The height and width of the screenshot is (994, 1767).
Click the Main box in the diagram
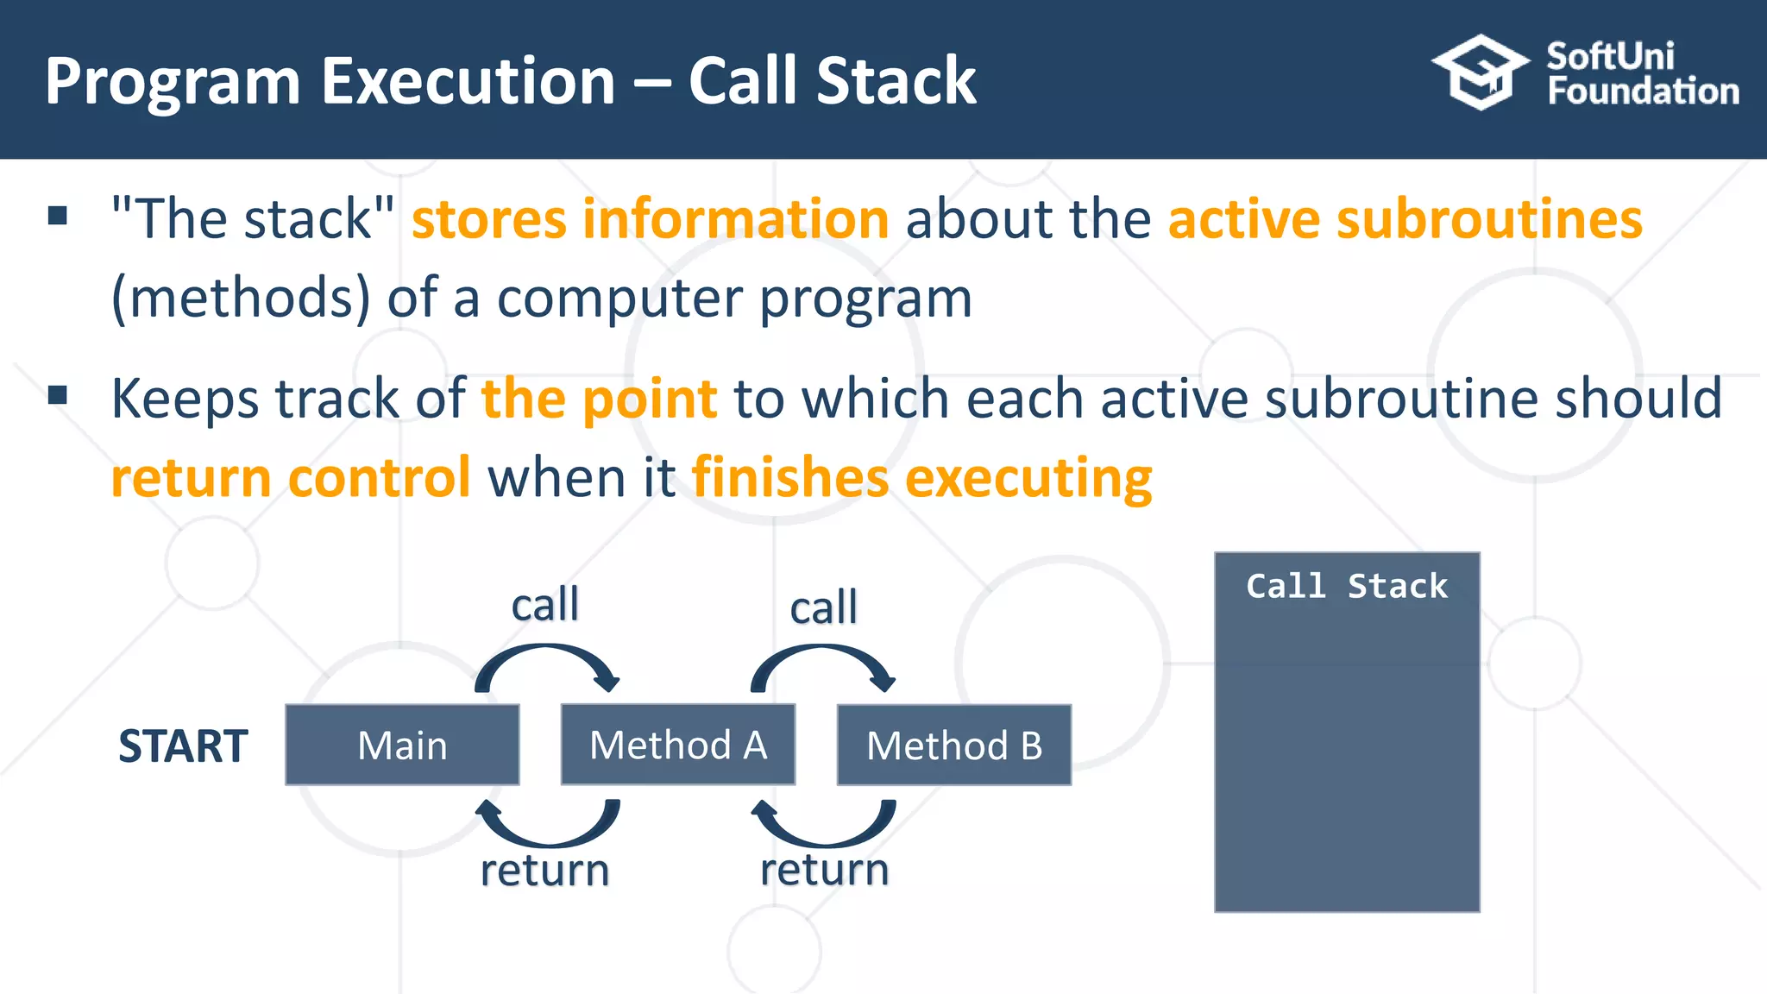(402, 745)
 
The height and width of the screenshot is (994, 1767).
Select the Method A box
(678, 745)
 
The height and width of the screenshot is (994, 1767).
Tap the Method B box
(954, 745)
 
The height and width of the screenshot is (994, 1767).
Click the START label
(183, 746)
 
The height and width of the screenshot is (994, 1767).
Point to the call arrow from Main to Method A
(547, 660)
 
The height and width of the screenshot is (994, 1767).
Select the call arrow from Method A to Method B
(823, 660)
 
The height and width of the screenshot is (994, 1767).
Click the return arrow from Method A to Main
(547, 828)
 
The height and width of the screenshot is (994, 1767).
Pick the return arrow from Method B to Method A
(823, 828)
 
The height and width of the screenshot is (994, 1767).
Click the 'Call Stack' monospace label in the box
(1346, 587)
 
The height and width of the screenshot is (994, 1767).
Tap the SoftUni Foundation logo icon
(1480, 72)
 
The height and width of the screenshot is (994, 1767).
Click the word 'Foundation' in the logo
(1643, 91)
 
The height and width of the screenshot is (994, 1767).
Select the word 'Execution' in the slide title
(468, 82)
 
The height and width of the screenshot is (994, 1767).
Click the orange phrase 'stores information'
(650, 218)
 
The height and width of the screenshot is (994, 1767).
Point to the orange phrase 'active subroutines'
(1405, 218)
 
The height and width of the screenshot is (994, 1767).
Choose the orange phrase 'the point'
(599, 399)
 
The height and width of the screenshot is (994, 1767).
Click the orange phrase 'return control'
(291, 478)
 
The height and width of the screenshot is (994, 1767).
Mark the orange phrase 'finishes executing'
(921, 478)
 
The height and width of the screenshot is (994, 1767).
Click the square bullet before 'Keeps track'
(58, 395)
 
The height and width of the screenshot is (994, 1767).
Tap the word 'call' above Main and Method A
(544, 604)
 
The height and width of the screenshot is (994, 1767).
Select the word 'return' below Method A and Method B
(824, 870)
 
